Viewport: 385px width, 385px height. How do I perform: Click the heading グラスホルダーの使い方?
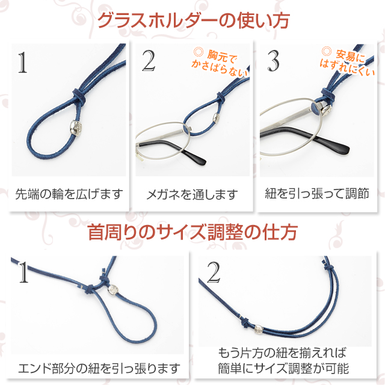(x=194, y=20)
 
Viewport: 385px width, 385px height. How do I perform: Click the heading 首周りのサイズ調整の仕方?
(x=192, y=232)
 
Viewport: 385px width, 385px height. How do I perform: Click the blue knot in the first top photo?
(x=78, y=96)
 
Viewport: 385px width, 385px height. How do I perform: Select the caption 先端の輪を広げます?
(x=69, y=194)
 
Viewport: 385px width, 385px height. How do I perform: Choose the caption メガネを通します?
(x=192, y=194)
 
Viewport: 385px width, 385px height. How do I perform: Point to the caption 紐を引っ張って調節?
(x=317, y=194)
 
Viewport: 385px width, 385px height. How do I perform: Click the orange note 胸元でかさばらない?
(x=220, y=62)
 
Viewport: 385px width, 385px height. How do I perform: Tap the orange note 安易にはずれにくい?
(x=347, y=61)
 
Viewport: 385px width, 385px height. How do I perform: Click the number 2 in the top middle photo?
(x=149, y=61)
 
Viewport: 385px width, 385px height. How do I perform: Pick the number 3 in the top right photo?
(x=273, y=61)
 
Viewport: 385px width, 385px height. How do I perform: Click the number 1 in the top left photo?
(x=23, y=63)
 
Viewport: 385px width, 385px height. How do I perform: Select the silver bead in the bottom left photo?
(x=113, y=289)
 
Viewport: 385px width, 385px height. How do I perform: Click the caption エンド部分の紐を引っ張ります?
(x=99, y=369)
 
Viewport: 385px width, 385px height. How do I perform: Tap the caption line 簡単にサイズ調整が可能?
(x=283, y=368)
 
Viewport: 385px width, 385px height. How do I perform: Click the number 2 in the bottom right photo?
(x=214, y=272)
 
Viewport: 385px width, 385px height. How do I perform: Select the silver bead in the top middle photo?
(x=217, y=118)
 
